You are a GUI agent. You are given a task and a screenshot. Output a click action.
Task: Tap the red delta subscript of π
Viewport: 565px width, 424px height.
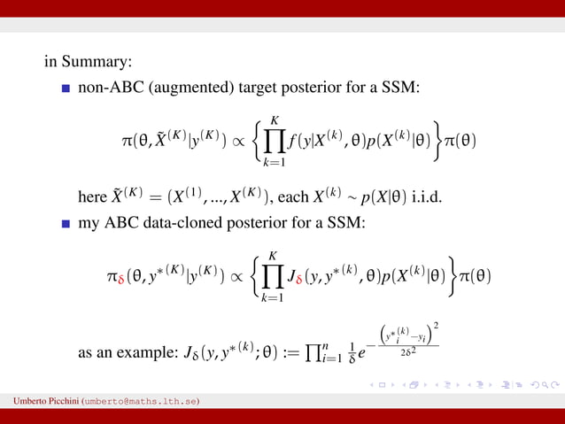[x=120, y=281]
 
